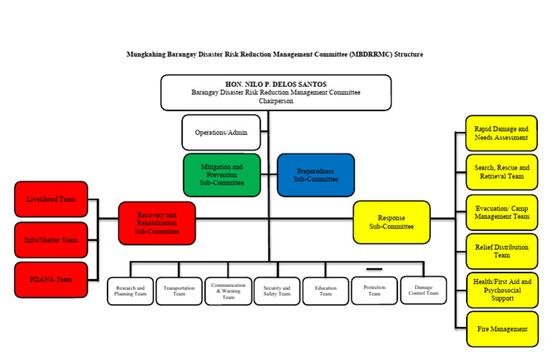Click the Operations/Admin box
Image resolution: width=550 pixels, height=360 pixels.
(221, 132)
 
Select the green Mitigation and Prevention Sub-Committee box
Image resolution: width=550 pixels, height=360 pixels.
(221, 175)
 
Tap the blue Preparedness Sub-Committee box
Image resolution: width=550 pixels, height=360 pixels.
(315, 175)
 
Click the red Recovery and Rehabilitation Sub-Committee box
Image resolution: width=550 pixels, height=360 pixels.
(156, 223)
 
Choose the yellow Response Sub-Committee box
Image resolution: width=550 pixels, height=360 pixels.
(392, 222)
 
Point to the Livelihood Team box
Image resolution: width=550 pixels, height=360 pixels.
(51, 199)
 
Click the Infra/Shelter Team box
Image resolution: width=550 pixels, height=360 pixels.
(51, 240)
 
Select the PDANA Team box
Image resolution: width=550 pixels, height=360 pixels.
(51, 280)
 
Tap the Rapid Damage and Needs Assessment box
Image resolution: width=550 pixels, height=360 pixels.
(501, 133)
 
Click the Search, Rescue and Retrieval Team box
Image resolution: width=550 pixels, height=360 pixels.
(501, 172)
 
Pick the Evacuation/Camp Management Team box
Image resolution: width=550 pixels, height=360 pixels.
(501, 212)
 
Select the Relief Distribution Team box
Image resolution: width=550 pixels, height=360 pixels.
(501, 250)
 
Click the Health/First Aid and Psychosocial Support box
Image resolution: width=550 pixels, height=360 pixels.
(501, 290)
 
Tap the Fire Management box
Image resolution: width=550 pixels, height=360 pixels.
(501, 329)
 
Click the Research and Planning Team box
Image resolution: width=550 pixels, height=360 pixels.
(130, 291)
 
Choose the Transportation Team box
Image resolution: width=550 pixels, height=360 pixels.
(179, 291)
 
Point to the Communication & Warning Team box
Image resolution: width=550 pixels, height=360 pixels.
(228, 291)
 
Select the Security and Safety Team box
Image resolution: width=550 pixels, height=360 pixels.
(276, 291)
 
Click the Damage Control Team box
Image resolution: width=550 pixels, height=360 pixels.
(423, 291)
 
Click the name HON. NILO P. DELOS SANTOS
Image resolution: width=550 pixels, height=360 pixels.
(276, 84)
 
